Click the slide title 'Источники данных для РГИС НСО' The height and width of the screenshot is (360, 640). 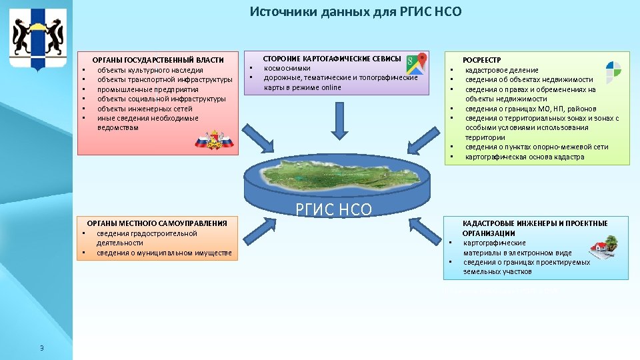tap(355, 12)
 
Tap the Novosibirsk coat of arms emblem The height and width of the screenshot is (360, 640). tap(38, 39)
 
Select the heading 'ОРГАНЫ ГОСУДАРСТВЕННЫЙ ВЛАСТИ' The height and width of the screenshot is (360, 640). tap(158, 61)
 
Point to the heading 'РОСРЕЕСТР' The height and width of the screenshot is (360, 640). tap(482, 60)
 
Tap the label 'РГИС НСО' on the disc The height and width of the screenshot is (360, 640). tap(333, 210)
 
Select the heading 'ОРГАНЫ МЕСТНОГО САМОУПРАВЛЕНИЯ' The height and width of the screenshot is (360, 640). tap(157, 223)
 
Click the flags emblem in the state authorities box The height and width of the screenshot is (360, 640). tap(214, 141)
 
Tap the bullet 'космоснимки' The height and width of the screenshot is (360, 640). tap(287, 68)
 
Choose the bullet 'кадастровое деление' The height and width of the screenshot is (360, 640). tap(501, 70)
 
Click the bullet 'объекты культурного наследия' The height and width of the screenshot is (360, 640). tap(150, 70)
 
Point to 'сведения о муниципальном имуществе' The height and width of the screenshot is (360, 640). tap(164, 253)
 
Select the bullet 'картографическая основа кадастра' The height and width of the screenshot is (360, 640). tap(524, 157)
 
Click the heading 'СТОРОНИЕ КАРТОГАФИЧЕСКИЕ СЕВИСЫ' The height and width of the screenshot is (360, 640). tap(332, 59)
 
